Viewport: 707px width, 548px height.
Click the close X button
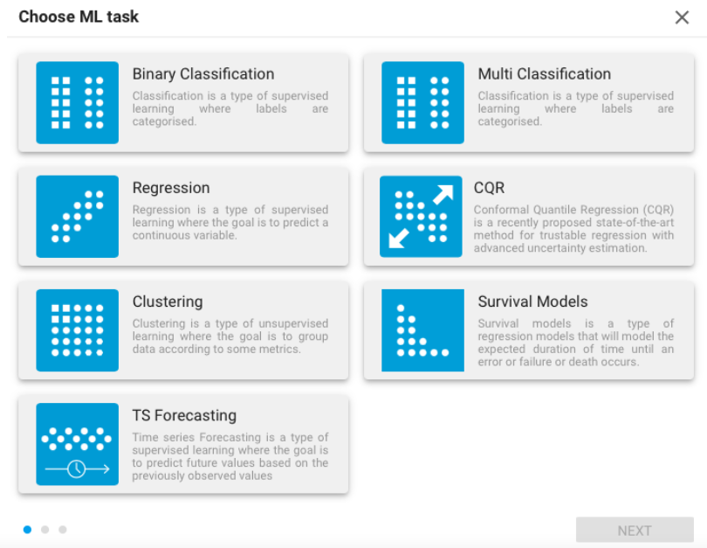pos(682,17)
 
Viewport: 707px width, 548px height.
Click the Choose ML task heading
pos(79,17)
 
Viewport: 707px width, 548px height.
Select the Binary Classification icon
pos(78,102)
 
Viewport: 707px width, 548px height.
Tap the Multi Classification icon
pos(422,102)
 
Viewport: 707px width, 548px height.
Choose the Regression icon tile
pos(78,216)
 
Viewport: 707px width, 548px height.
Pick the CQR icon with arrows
pos(421,216)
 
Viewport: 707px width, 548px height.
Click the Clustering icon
pos(78,330)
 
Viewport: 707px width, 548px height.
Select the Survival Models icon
pos(422,330)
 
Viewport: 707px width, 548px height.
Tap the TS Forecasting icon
pos(78,444)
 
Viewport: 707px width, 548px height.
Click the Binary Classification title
pos(203,74)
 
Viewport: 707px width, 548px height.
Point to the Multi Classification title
pos(545,74)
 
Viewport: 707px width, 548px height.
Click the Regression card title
pos(171,188)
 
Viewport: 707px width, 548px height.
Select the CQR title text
pos(489,188)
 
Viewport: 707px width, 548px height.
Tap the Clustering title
pos(168,302)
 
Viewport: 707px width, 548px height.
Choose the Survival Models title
pos(532,302)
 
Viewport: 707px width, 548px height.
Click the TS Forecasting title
pos(184,415)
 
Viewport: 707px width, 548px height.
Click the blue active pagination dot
pos(28,529)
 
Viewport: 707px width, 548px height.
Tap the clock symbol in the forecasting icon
pos(77,469)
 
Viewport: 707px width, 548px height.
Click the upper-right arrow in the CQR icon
pos(443,195)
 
